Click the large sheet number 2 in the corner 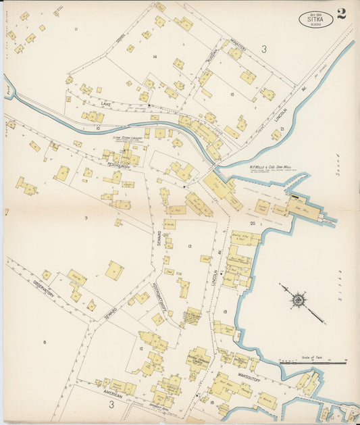(342, 14)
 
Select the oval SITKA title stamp (315, 20)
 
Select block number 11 (76, 29)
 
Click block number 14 (155, 57)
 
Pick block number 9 (86, 218)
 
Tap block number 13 (190, 246)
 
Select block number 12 (140, 349)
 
